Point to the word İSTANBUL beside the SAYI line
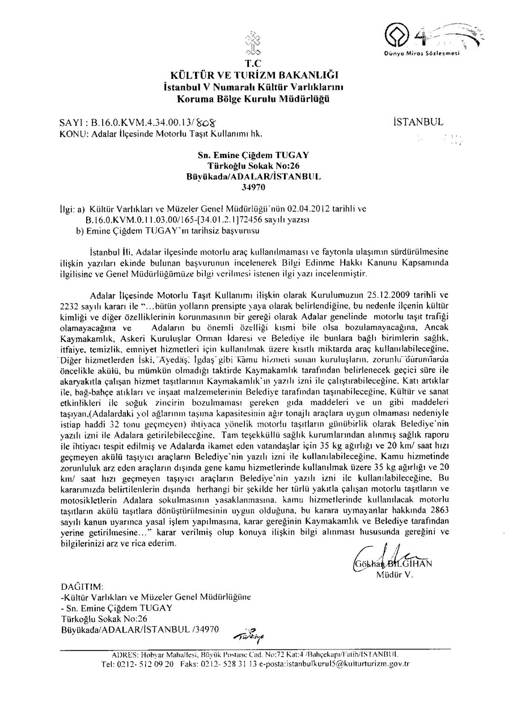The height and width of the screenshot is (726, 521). [x=418, y=122]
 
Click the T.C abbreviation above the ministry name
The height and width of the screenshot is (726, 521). [x=251, y=62]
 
